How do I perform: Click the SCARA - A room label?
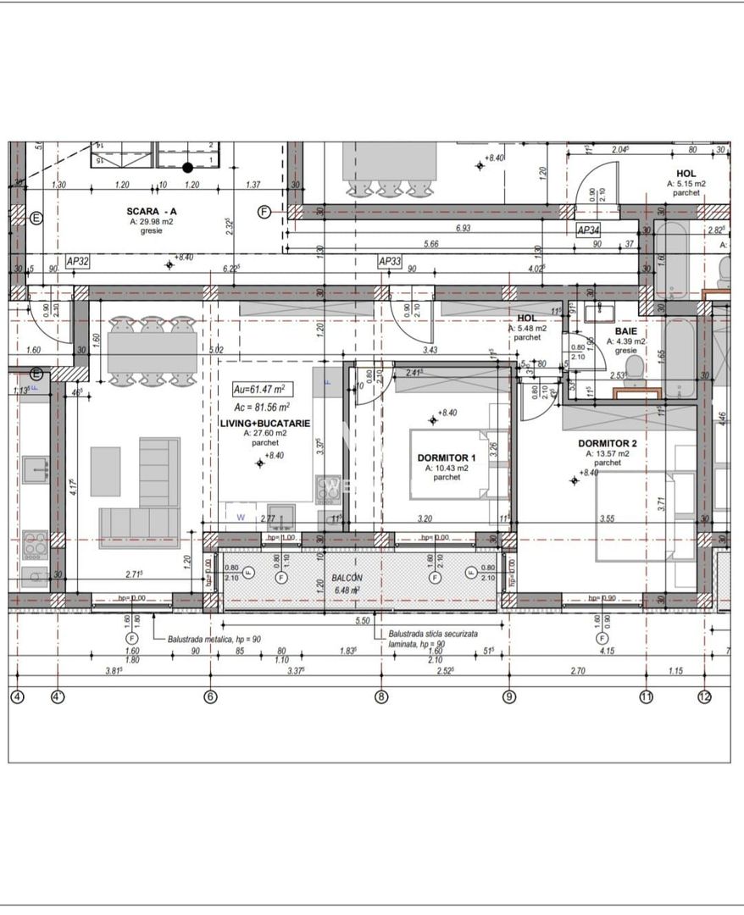coord(152,211)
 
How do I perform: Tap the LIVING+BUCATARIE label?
coord(265,423)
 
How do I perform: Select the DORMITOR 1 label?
coord(447,457)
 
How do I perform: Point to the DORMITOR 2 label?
coord(607,443)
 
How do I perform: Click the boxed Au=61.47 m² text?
coord(263,389)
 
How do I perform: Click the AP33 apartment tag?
coord(389,263)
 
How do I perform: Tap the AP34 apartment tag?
coord(588,230)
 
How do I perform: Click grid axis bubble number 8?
coord(381,697)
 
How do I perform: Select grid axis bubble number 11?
coord(647,697)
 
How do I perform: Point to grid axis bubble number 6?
coord(211,697)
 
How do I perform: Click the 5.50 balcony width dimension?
coord(362,621)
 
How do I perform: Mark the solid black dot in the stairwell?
coord(188,167)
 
